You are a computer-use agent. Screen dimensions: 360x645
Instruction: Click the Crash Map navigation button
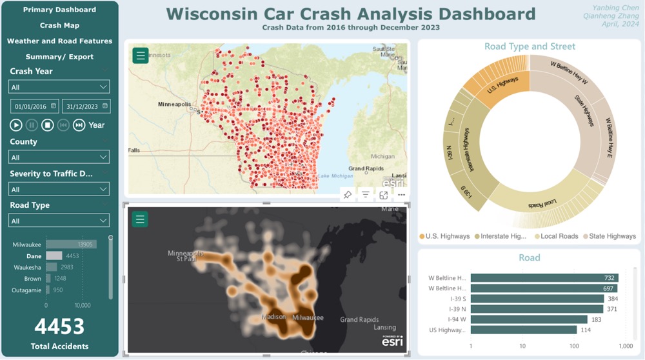59,25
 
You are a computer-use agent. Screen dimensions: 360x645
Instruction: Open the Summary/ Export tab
59,57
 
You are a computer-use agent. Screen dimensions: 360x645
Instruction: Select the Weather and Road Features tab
59,41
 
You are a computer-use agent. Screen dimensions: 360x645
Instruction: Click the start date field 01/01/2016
34,106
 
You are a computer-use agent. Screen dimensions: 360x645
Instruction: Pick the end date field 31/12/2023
86,106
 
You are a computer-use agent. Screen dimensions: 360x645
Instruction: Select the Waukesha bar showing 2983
52,267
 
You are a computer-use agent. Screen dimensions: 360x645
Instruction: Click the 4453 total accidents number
59,326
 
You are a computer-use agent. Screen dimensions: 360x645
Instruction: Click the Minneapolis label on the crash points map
174,104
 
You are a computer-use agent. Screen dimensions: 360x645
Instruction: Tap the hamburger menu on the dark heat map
140,219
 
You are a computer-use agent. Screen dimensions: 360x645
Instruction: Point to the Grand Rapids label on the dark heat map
359,319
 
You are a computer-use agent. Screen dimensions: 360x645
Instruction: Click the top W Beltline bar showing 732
544,278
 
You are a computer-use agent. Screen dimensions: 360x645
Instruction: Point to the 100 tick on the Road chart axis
574,346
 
